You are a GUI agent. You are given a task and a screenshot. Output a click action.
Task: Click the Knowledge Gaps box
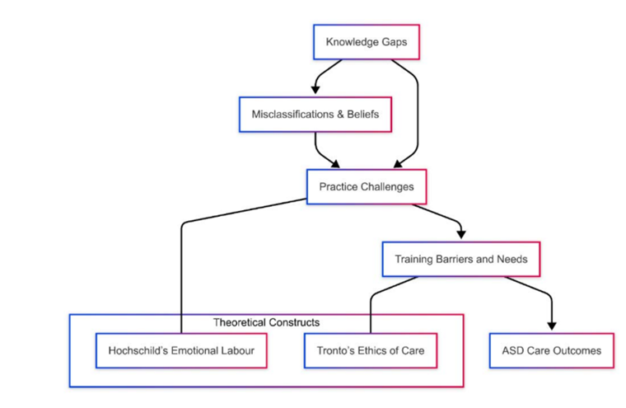(366, 41)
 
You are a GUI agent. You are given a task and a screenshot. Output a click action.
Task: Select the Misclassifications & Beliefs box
(315, 115)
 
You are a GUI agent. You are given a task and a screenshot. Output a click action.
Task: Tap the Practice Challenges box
(367, 187)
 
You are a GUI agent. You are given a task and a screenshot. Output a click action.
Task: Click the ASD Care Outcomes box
(551, 350)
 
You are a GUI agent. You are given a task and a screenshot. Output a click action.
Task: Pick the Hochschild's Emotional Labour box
(187, 350)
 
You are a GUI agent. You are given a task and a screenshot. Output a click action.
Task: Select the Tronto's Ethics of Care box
(371, 350)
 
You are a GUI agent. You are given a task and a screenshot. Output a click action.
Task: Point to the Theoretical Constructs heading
(266, 322)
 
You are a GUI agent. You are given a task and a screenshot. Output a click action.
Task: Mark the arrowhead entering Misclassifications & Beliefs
(315, 89)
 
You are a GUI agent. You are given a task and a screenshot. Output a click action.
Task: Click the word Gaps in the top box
(392, 41)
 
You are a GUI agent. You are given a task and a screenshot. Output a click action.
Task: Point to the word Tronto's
(336, 350)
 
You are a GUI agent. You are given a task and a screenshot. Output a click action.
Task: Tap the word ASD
(513, 350)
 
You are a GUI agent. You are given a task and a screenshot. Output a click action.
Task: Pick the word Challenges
(389, 187)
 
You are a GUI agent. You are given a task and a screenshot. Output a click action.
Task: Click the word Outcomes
(577, 350)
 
